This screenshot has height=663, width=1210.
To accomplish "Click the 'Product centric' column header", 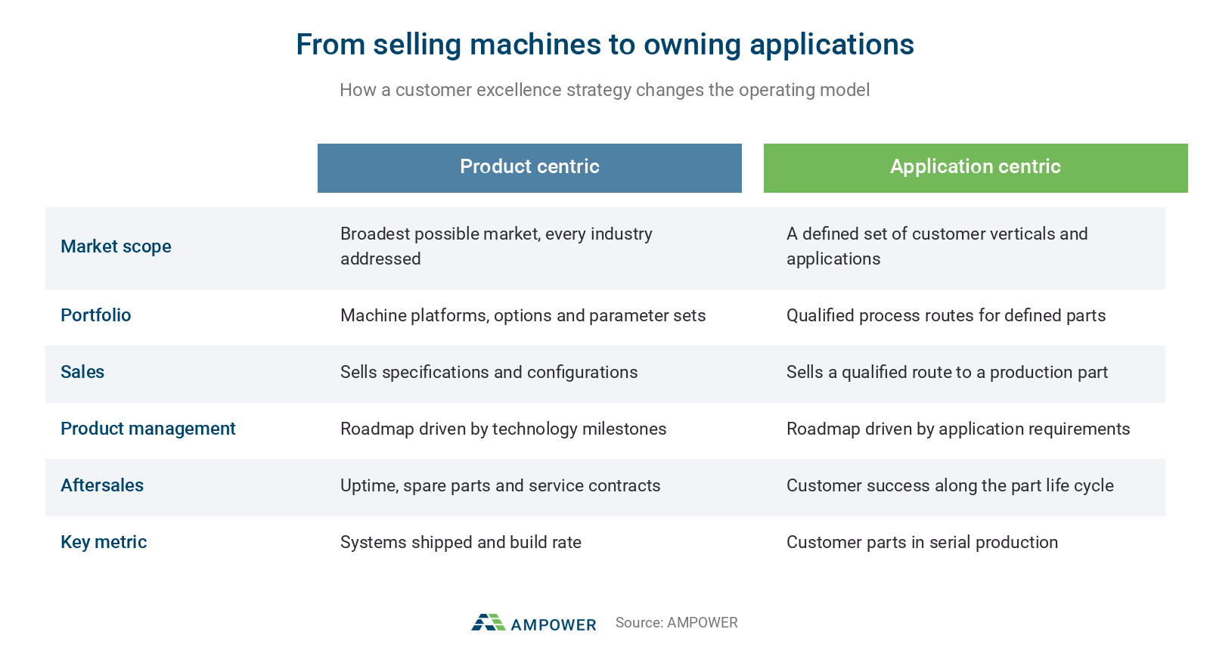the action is pos(529,167).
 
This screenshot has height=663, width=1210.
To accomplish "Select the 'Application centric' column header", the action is pos(975,167).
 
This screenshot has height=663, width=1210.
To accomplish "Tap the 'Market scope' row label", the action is pos(116,246).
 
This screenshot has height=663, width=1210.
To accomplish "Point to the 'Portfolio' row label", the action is pos(95,315).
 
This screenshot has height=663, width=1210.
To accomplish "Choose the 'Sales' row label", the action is pos(82,372).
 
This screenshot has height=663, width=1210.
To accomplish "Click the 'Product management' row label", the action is pos(148,429).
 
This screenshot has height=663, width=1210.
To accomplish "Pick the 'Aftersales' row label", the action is pos(102,485).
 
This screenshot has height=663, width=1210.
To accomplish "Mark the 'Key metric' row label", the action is pos(104,542).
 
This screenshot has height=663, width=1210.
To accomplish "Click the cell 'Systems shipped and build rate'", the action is pos(461,542).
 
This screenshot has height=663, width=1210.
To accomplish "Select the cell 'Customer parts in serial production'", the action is pos(922,542).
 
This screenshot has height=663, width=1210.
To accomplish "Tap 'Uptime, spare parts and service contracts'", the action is pos(500,485).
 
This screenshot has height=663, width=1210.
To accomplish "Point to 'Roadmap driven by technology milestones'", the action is pos(504,429).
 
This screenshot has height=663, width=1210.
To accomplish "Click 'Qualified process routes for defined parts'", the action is pos(946,315).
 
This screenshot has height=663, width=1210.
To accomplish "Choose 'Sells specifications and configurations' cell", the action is pos(489,372).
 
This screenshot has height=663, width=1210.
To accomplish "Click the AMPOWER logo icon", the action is pos(489,622).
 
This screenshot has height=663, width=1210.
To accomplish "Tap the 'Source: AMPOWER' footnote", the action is pos(676,622).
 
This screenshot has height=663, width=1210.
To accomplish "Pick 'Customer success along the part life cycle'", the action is pos(950,485).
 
